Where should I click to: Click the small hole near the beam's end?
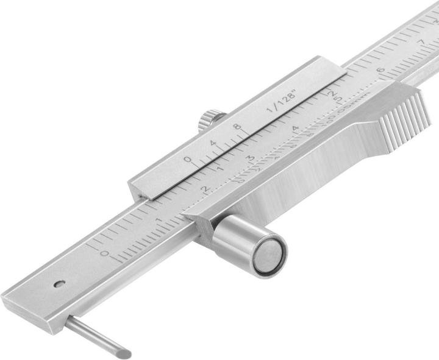tap(59, 283)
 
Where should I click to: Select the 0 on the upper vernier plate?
tap(188, 160)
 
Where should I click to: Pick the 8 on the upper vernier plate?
tap(237, 127)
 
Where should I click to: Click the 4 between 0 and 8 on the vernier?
tap(213, 144)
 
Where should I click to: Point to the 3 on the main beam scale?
tap(250, 158)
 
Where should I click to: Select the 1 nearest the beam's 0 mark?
tap(158, 221)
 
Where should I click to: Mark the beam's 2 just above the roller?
tap(205, 189)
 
